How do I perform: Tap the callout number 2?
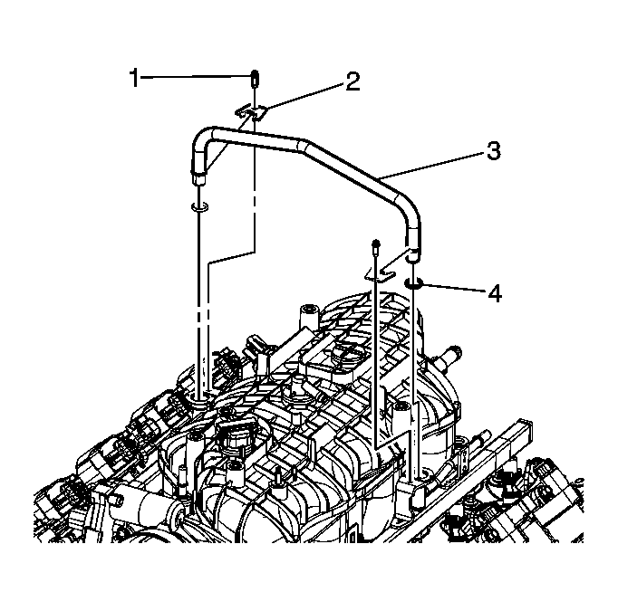point(351,82)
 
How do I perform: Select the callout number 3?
point(492,150)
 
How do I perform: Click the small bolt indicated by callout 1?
point(256,78)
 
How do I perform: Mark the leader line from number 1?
point(195,79)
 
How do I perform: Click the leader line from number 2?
point(304,97)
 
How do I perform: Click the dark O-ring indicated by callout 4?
point(414,285)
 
